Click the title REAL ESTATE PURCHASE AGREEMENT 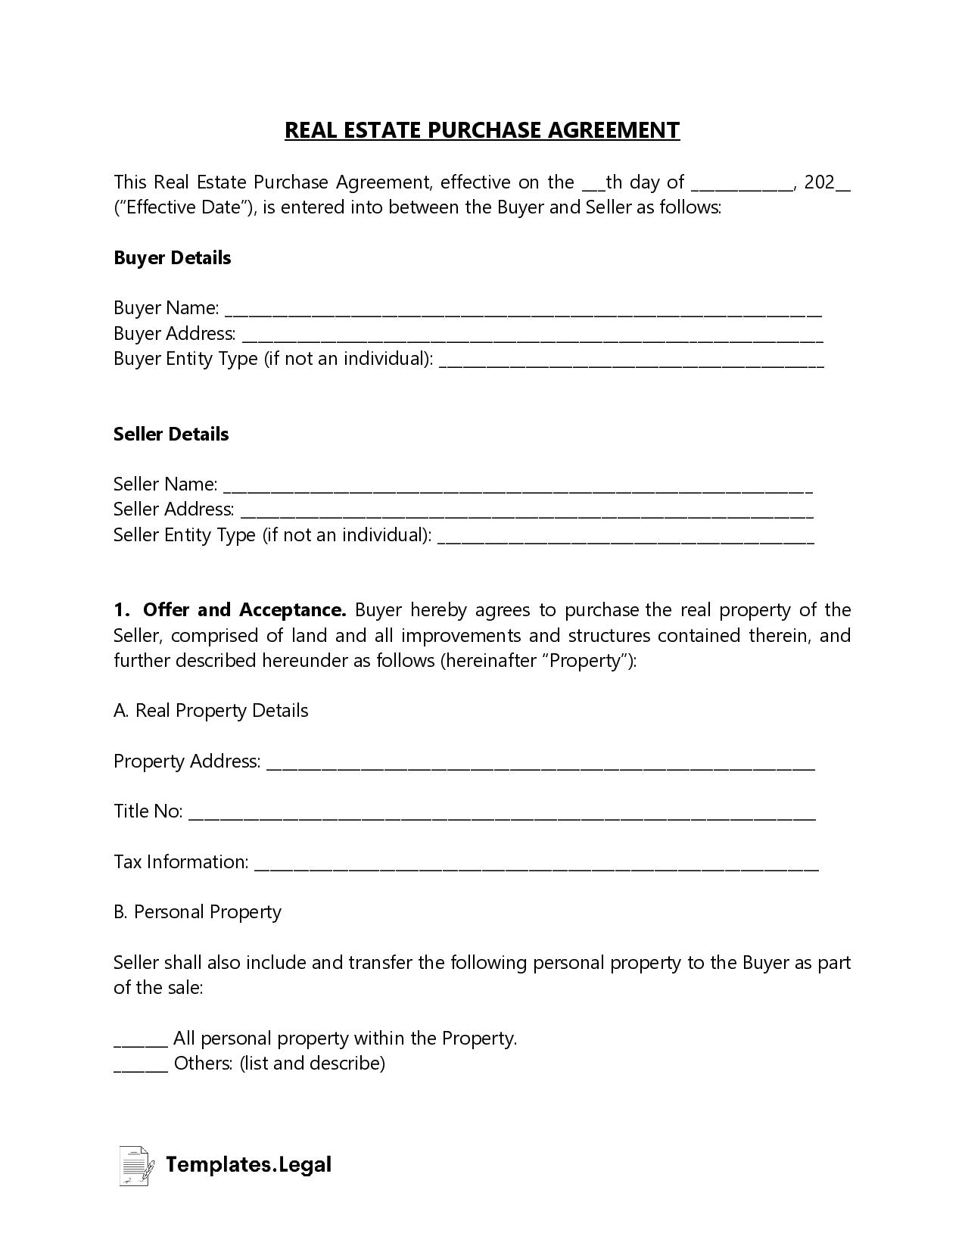pyautogui.click(x=482, y=130)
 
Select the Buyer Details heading pyautogui.click(x=172, y=258)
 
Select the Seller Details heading pyautogui.click(x=171, y=435)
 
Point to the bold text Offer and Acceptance pyautogui.click(x=244, y=610)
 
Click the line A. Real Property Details pyautogui.click(x=211, y=711)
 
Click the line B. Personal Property pyautogui.click(x=198, y=912)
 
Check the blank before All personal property pyautogui.click(x=140, y=1042)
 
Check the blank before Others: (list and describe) pyautogui.click(x=140, y=1067)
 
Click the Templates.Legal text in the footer pyautogui.click(x=248, y=1165)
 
